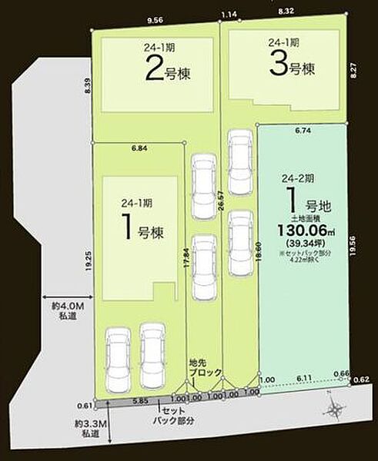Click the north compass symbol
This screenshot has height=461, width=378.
point(336,411)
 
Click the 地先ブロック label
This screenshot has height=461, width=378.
point(205,366)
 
